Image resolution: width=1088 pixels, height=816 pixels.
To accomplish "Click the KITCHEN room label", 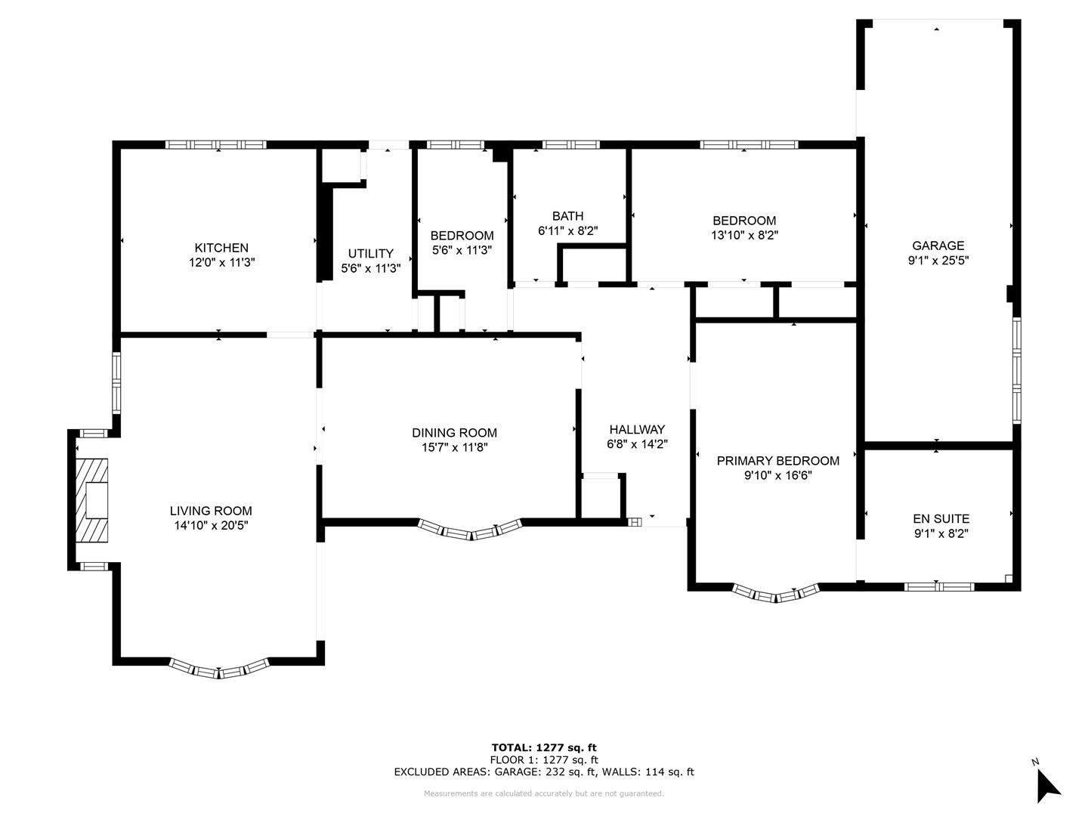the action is pos(221,248).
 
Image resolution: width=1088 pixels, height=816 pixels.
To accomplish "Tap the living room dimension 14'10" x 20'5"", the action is pos(211,525).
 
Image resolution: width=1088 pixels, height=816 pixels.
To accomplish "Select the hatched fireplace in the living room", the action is pos(91,500).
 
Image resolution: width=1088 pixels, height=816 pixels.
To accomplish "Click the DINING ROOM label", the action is pos(454,432).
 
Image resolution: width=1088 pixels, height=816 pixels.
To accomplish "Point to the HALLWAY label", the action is pos(637,429).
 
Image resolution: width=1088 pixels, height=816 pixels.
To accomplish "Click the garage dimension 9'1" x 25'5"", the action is pos(938,260).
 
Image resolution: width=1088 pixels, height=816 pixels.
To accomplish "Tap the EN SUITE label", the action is pos(941,519).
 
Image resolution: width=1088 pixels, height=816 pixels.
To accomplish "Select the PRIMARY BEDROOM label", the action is pos(778,461).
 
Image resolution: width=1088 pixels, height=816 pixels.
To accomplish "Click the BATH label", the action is pos(568,216).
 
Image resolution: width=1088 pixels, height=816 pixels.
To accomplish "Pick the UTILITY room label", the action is pos(371,254).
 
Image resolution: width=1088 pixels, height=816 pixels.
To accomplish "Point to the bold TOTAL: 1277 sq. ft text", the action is pos(544,747).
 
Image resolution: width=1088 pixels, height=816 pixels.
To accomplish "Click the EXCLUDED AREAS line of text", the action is pos(544,771).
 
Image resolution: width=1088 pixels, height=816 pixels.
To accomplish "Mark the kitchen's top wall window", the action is pos(215,144).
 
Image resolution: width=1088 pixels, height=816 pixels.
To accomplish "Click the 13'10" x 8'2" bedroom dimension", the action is pos(744,235).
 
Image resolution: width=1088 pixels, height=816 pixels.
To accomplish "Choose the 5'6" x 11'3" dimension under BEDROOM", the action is pos(462,249).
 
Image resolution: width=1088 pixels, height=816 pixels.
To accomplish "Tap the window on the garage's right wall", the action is pos(1017,370).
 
